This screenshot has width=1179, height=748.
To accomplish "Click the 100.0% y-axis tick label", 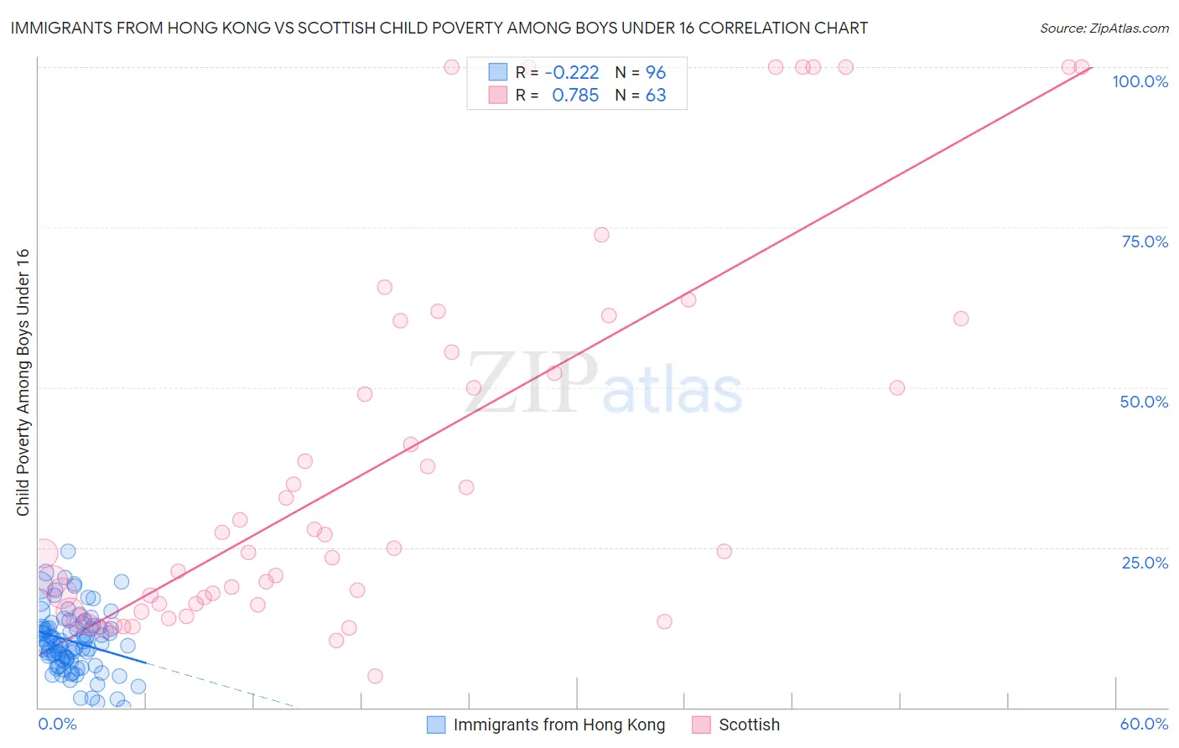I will [x=1140, y=81].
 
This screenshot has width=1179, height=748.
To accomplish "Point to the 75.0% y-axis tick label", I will [x=1145, y=242].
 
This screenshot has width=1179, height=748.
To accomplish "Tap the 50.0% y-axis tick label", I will [x=1144, y=402].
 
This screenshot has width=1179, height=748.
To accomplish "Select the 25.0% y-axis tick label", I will [x=1145, y=563].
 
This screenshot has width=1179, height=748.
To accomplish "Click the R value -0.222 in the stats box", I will [x=572, y=72].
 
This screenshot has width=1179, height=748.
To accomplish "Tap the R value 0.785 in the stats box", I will [x=575, y=96].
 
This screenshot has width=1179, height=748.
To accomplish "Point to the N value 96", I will [x=656, y=72].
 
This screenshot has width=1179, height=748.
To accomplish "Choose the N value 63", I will [x=656, y=96].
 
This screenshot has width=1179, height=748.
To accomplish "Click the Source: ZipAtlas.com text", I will [x=1104, y=29].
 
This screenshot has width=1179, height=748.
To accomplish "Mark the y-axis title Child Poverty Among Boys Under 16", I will [x=23, y=382].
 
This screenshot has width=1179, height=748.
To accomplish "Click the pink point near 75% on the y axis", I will [x=601, y=235].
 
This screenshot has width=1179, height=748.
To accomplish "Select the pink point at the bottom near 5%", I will [x=375, y=676].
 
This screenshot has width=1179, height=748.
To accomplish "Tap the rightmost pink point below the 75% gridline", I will [x=961, y=319].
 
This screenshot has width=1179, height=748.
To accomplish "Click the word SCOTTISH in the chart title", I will [x=360, y=29].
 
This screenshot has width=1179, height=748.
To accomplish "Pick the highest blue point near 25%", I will [x=68, y=551].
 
